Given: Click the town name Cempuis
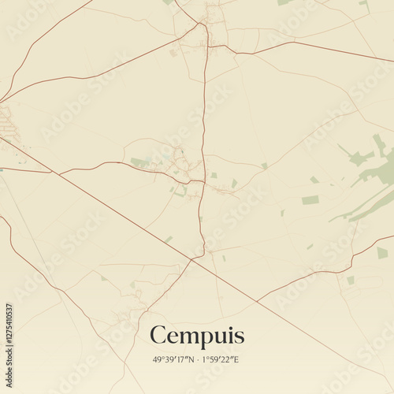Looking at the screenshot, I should [197, 335].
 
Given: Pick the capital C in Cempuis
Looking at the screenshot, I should [158, 335].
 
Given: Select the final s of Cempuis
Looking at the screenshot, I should [240, 336].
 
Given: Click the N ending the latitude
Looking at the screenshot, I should [190, 359].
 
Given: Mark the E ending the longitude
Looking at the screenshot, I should [237, 359].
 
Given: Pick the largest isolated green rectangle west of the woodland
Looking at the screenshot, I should [310, 199].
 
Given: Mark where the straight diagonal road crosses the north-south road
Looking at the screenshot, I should [195, 258].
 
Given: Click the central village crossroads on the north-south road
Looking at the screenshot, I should [203, 182].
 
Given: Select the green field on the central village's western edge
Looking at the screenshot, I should [139, 162].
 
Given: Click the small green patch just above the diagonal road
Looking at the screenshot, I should [168, 239].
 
